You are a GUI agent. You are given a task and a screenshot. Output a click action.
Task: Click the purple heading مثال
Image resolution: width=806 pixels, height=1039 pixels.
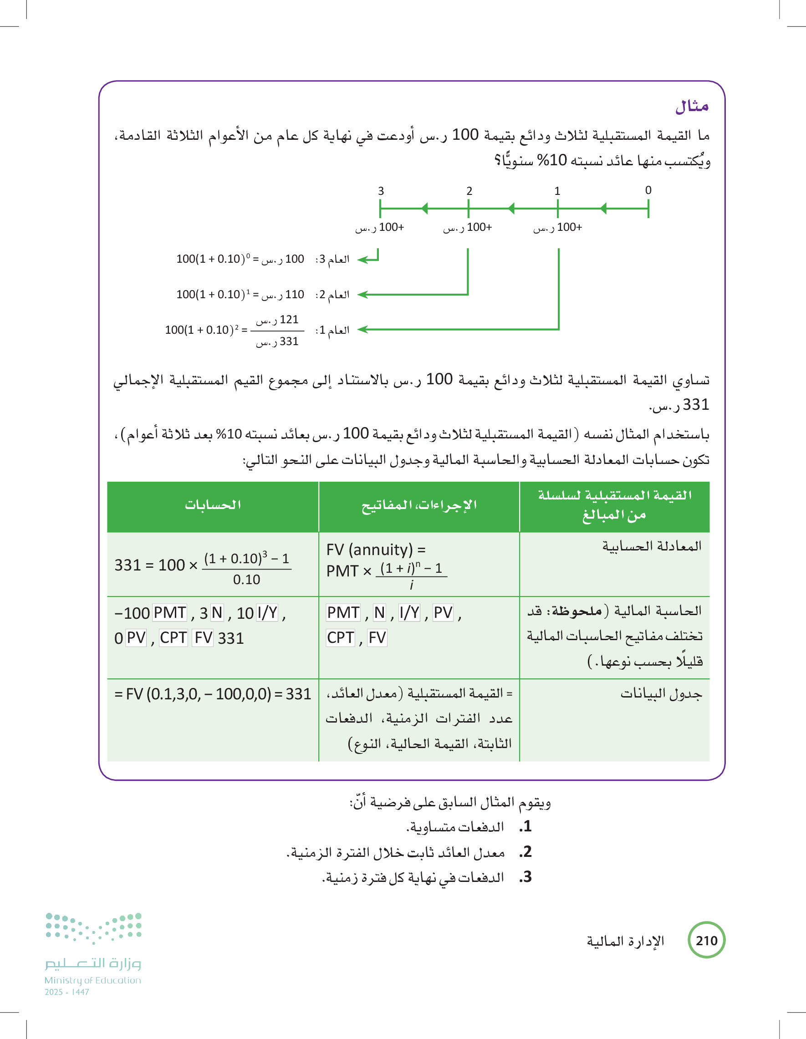point(692,107)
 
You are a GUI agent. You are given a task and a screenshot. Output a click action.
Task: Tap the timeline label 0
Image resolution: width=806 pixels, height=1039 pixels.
point(648,190)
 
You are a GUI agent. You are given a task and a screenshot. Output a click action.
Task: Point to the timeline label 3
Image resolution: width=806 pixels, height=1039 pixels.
point(381,191)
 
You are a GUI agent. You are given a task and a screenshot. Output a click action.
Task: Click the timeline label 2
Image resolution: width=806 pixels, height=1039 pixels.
point(469,191)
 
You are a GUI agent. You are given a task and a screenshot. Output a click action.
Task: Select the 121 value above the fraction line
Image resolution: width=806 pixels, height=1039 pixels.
point(277,320)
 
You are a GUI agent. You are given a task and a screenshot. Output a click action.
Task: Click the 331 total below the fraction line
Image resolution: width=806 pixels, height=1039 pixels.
point(277,341)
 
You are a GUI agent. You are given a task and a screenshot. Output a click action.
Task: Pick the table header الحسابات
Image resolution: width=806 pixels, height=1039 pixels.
point(213,505)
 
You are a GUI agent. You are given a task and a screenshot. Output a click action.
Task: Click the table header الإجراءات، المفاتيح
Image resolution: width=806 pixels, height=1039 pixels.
point(418,505)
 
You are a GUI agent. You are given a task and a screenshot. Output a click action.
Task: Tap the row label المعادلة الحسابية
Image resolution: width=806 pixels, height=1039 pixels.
point(652,546)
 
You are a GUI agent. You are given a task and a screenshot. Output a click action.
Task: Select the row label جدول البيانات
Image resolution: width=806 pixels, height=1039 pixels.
point(661,694)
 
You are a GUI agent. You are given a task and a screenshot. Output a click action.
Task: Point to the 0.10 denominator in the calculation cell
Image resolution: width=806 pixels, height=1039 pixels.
point(246,580)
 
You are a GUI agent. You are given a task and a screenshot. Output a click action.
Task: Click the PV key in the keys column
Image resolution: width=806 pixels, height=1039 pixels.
point(443,613)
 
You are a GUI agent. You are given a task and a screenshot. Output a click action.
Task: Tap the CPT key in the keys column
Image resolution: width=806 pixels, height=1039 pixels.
point(340,637)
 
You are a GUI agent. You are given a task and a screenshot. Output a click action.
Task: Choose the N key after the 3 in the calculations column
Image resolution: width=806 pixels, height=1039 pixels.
point(217,613)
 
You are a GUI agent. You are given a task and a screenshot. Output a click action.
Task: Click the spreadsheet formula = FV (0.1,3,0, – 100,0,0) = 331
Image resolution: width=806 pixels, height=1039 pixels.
point(213,694)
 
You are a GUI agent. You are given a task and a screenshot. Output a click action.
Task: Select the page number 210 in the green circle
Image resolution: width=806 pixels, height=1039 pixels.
point(707,941)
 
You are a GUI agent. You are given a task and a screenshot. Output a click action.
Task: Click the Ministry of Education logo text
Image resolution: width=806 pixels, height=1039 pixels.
point(93,980)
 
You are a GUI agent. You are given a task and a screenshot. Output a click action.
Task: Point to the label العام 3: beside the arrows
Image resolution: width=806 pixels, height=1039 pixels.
point(332,259)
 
